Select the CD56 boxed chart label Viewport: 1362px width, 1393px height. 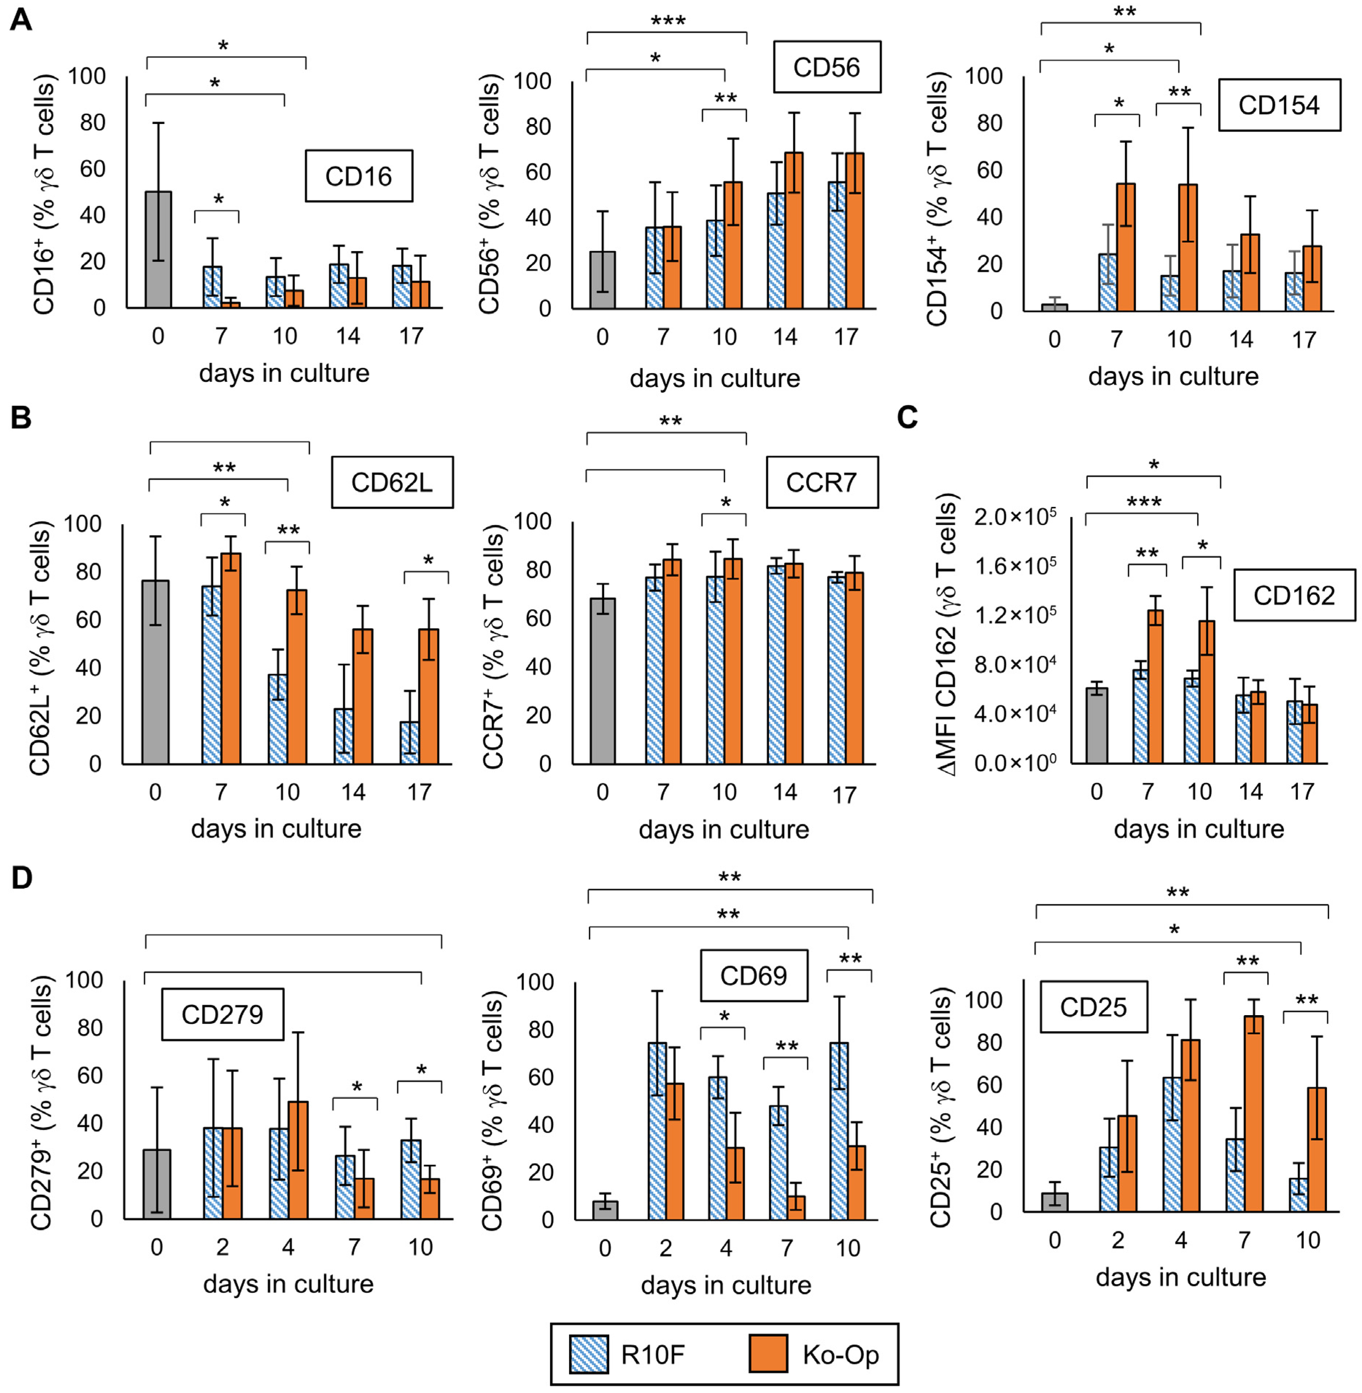pos(826,67)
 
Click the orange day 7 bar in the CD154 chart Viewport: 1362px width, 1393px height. pos(1126,247)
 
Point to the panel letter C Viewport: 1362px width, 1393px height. pos(907,417)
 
